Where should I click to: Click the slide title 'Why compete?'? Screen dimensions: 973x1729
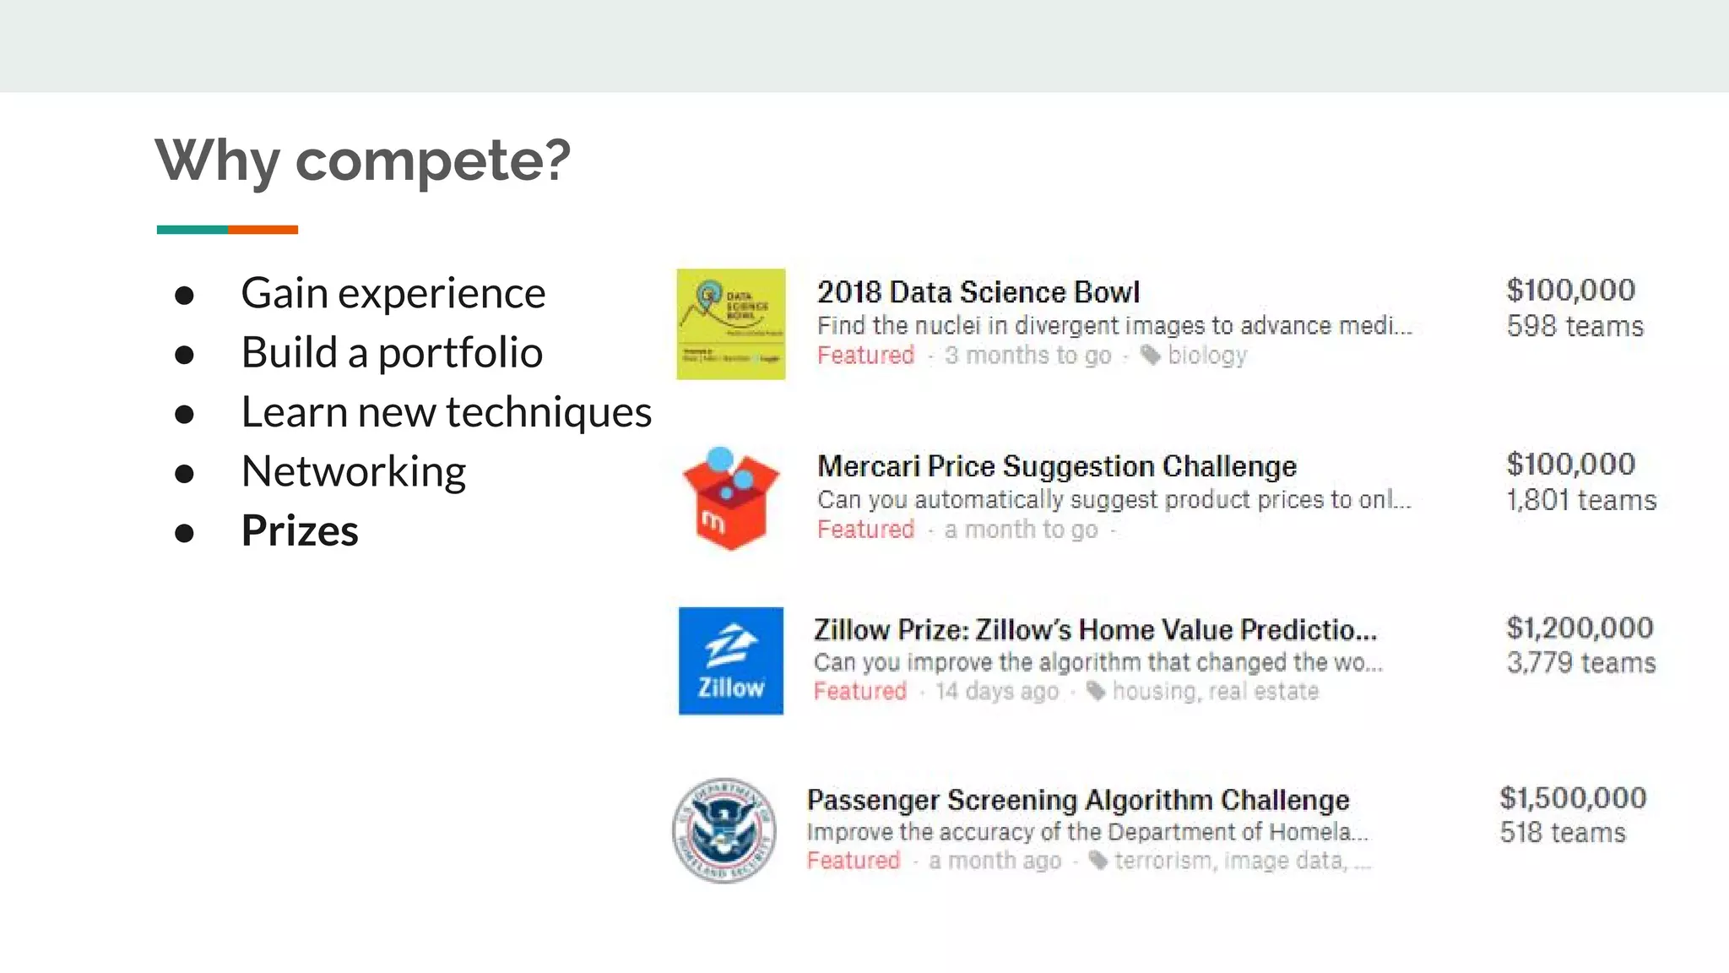click(363, 160)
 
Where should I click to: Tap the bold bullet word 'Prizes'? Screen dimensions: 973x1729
click(300, 531)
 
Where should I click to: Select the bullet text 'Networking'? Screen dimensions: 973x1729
click(353, 471)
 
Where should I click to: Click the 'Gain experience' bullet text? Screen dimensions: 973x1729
click(393, 293)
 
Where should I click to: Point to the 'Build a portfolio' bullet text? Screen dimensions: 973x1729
click(391, 352)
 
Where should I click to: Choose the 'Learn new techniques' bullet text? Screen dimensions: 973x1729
click(446, 412)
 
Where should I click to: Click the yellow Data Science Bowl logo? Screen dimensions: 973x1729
click(730, 324)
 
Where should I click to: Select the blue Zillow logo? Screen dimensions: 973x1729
click(730, 660)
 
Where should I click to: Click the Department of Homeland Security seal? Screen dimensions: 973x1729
click(724, 830)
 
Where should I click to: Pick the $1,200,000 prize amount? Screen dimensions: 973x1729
click(1580, 628)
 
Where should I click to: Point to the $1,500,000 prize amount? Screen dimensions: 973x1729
click(1573, 798)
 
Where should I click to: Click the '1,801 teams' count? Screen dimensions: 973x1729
click(1581, 500)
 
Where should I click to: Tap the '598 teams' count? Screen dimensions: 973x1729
click(1575, 326)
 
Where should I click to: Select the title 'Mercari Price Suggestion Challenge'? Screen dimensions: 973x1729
click(1056, 466)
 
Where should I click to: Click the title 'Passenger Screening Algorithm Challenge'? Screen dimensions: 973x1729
click(1077, 800)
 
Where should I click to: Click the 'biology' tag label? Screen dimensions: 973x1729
click(1206, 356)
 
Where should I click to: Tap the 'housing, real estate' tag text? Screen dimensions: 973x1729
click(1215, 692)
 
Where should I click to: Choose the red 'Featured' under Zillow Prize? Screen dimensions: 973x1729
click(859, 692)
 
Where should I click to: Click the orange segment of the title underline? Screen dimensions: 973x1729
click(263, 230)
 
